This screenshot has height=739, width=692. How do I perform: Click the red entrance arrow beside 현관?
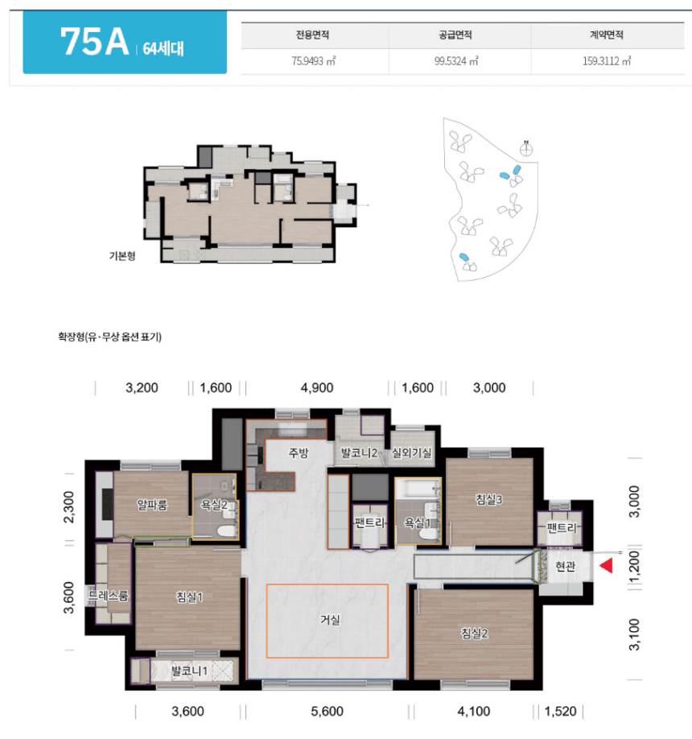tap(606, 565)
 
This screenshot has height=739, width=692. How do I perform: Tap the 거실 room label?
tap(330, 620)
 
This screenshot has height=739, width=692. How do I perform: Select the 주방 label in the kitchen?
tap(299, 452)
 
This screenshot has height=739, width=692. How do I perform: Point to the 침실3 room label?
tap(489, 499)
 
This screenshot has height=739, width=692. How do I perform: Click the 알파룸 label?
tap(152, 506)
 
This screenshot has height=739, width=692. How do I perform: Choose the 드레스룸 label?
tap(109, 595)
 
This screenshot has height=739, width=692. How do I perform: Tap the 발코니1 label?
tap(189, 671)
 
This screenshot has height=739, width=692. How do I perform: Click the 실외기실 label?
tap(411, 453)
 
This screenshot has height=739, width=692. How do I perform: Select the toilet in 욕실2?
tap(227, 531)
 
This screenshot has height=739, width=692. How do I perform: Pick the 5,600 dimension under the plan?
tap(327, 711)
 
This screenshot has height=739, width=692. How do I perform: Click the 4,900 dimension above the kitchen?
tap(317, 388)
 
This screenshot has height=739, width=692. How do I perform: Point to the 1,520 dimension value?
tap(561, 711)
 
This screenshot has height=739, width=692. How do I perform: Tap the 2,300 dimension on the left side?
tap(68, 506)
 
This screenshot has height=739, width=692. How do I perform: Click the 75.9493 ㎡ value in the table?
tap(313, 61)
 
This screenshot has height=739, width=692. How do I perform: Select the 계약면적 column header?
tap(606, 35)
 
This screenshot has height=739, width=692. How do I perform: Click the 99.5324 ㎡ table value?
tap(456, 61)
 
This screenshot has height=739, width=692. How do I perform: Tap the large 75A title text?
tap(94, 42)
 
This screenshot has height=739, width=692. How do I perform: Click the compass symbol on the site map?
tap(526, 149)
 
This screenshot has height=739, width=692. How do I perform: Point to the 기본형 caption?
tap(122, 256)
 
